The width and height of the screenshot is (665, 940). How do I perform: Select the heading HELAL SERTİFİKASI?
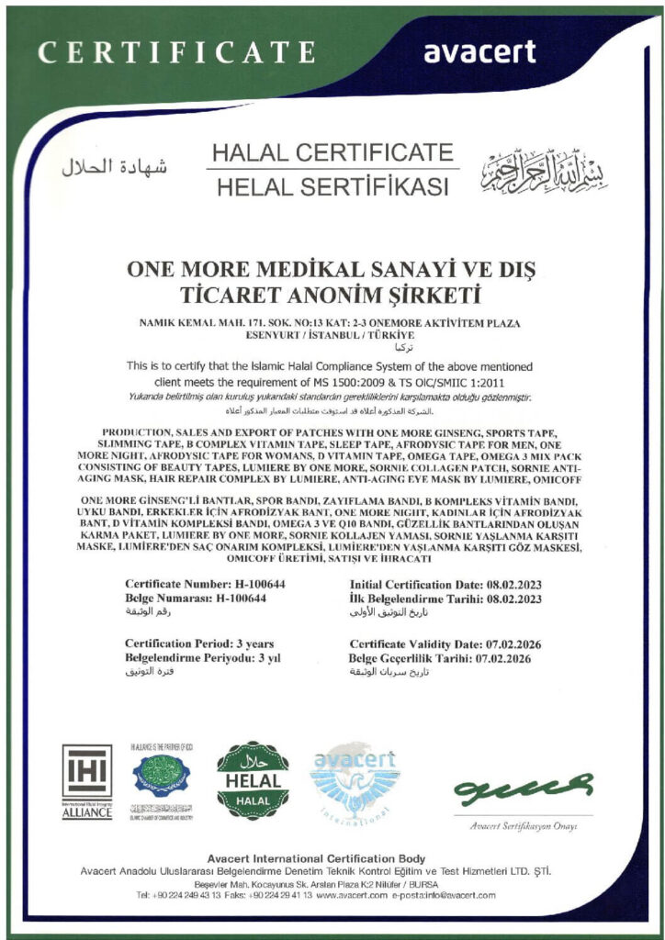(x=332, y=187)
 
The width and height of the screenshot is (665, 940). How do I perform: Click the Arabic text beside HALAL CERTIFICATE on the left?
(x=115, y=167)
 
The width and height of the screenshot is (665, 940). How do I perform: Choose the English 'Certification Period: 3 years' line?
(x=198, y=644)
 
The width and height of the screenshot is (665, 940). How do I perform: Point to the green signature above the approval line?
(x=523, y=788)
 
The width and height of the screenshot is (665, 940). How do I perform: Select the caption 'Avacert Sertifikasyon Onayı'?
(x=523, y=826)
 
